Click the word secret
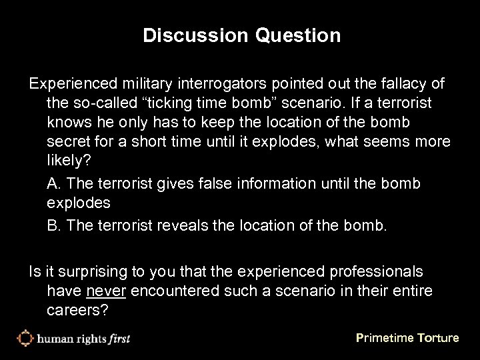[68, 143]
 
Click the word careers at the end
[74, 311]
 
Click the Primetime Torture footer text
[407, 338]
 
